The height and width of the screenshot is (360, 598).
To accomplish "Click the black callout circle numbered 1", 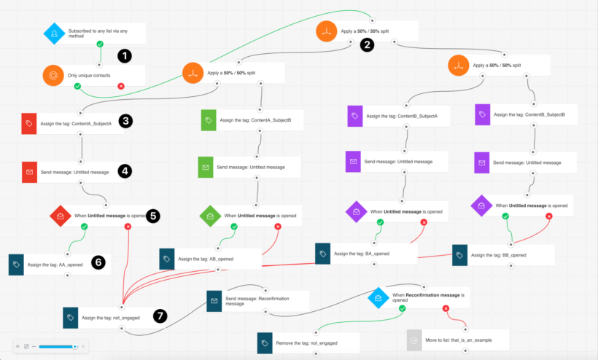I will pyautogui.click(x=125, y=55).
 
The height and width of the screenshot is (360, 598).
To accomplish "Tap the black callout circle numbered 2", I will pyautogui.click(x=368, y=44).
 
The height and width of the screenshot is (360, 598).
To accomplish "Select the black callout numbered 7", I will pyautogui.click(x=160, y=316).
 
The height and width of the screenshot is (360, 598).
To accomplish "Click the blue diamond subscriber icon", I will pyautogui.click(x=54, y=33).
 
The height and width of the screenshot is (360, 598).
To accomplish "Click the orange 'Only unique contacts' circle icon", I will pyautogui.click(x=54, y=76).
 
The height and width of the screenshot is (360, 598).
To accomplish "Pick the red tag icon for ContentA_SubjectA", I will pyautogui.click(x=28, y=123).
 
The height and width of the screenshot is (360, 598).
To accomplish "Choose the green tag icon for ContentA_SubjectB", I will pyautogui.click(x=209, y=120).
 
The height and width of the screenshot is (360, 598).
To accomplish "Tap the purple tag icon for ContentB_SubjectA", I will pyautogui.click(x=354, y=115).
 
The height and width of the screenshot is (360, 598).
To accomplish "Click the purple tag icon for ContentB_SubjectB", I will pyautogui.click(x=483, y=114).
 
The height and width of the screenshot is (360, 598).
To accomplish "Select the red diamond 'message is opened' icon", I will pyautogui.click(x=61, y=215).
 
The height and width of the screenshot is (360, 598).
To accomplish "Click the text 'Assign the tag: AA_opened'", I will pyautogui.click(x=55, y=265).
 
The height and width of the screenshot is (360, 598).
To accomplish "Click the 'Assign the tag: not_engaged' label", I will pyautogui.click(x=112, y=318).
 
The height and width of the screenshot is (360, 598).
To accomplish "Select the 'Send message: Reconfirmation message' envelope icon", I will pyautogui.click(x=214, y=300).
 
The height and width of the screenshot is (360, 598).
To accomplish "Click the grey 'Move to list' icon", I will pyautogui.click(x=415, y=340).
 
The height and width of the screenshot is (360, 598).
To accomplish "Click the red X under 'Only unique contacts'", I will pyautogui.click(x=121, y=86).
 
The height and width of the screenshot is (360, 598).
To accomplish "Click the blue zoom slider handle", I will pyautogui.click(x=74, y=346).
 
